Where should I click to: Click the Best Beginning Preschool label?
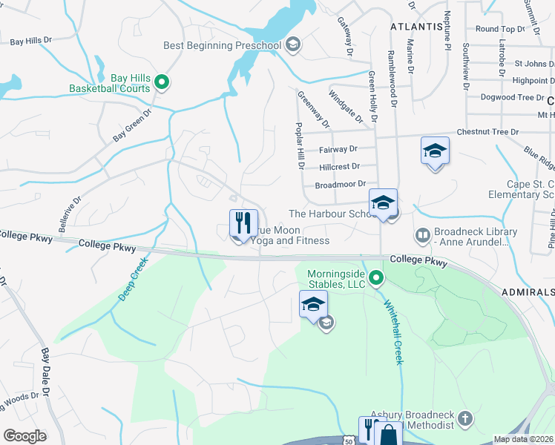tap(222, 45)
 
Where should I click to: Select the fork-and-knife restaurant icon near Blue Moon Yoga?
tap(243, 222)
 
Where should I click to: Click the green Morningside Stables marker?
tap(376, 279)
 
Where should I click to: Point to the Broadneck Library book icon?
tap(422, 235)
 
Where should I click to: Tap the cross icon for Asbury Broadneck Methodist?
tap(465, 419)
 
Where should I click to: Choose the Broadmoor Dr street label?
tap(341, 184)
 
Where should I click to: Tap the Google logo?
tap(24, 436)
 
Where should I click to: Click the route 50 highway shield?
tap(349, 441)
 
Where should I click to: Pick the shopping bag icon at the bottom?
tap(388, 435)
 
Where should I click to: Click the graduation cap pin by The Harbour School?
tap(384, 202)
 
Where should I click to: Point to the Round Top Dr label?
tap(500, 29)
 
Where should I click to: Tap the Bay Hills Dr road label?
tap(31, 42)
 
